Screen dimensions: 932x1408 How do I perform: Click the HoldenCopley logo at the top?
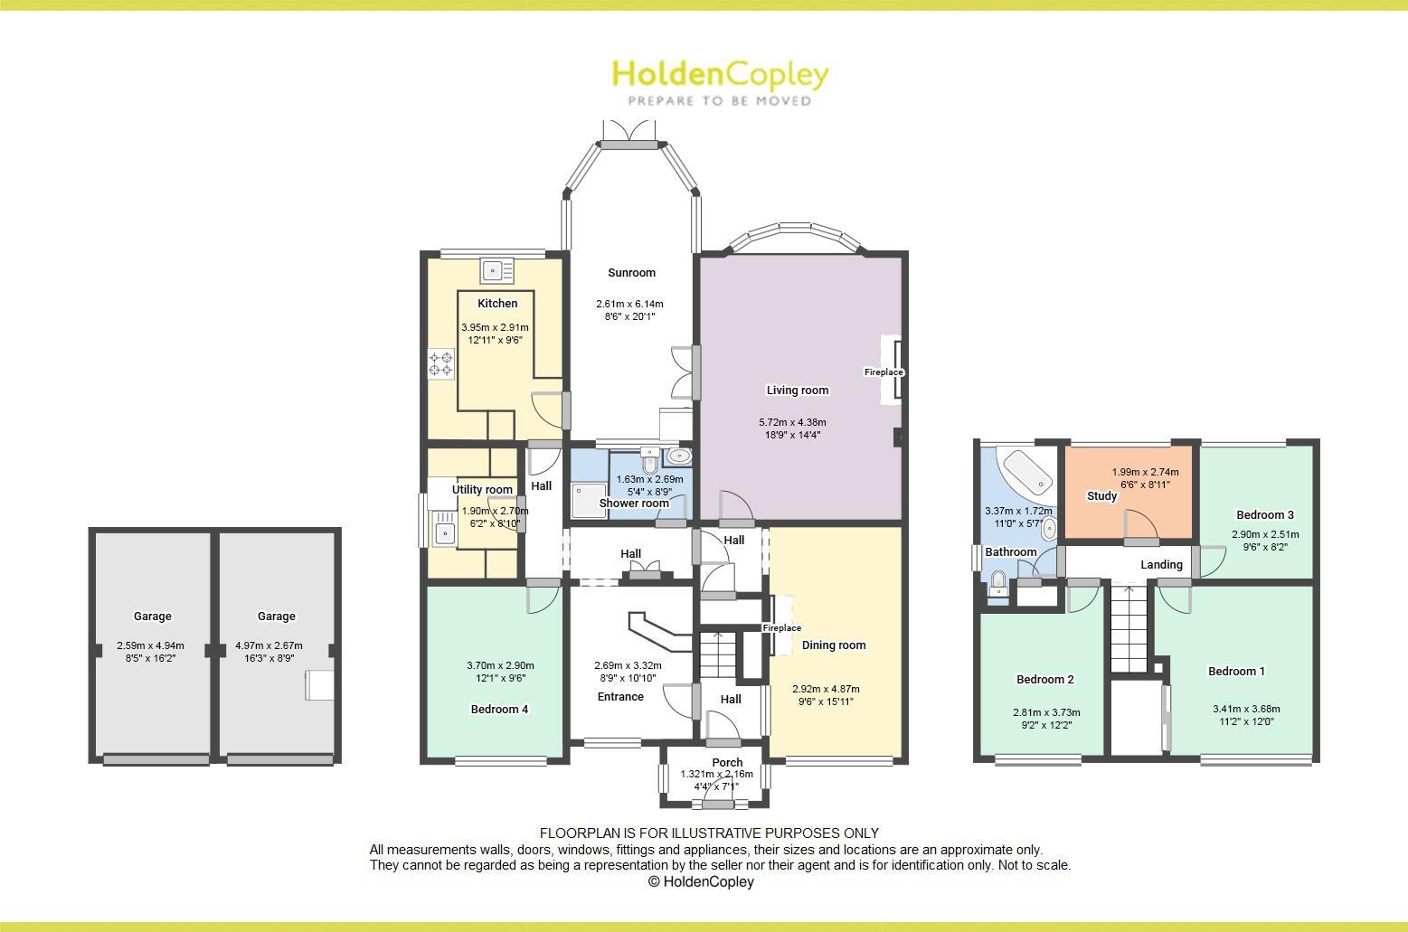pos(720,81)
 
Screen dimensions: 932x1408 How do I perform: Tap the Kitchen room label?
pos(497,304)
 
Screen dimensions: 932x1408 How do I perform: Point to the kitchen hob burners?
pos(440,364)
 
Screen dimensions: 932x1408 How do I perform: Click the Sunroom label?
pos(631,273)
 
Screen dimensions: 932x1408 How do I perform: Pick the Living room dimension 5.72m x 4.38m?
pos(792,422)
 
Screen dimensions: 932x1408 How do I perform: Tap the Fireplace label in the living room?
pos(884,372)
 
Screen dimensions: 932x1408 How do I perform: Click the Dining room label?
pos(834,645)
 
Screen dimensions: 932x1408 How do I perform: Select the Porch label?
pos(727,762)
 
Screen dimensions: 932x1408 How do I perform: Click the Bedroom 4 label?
pos(499,710)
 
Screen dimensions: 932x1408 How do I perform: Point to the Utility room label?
pos(482,490)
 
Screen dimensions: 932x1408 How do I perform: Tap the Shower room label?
pos(634,504)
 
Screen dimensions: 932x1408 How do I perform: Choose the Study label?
pos(1101,496)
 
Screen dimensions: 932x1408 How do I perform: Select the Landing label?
pos(1161,565)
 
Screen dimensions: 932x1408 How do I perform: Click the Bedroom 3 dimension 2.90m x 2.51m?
pos(1265,534)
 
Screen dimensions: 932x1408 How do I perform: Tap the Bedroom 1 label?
pos(1236,672)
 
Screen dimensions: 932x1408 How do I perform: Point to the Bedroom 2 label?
pos(1044,680)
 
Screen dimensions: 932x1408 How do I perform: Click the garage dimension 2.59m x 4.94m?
pos(150,646)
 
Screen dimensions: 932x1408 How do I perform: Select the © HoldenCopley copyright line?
pos(701,882)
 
